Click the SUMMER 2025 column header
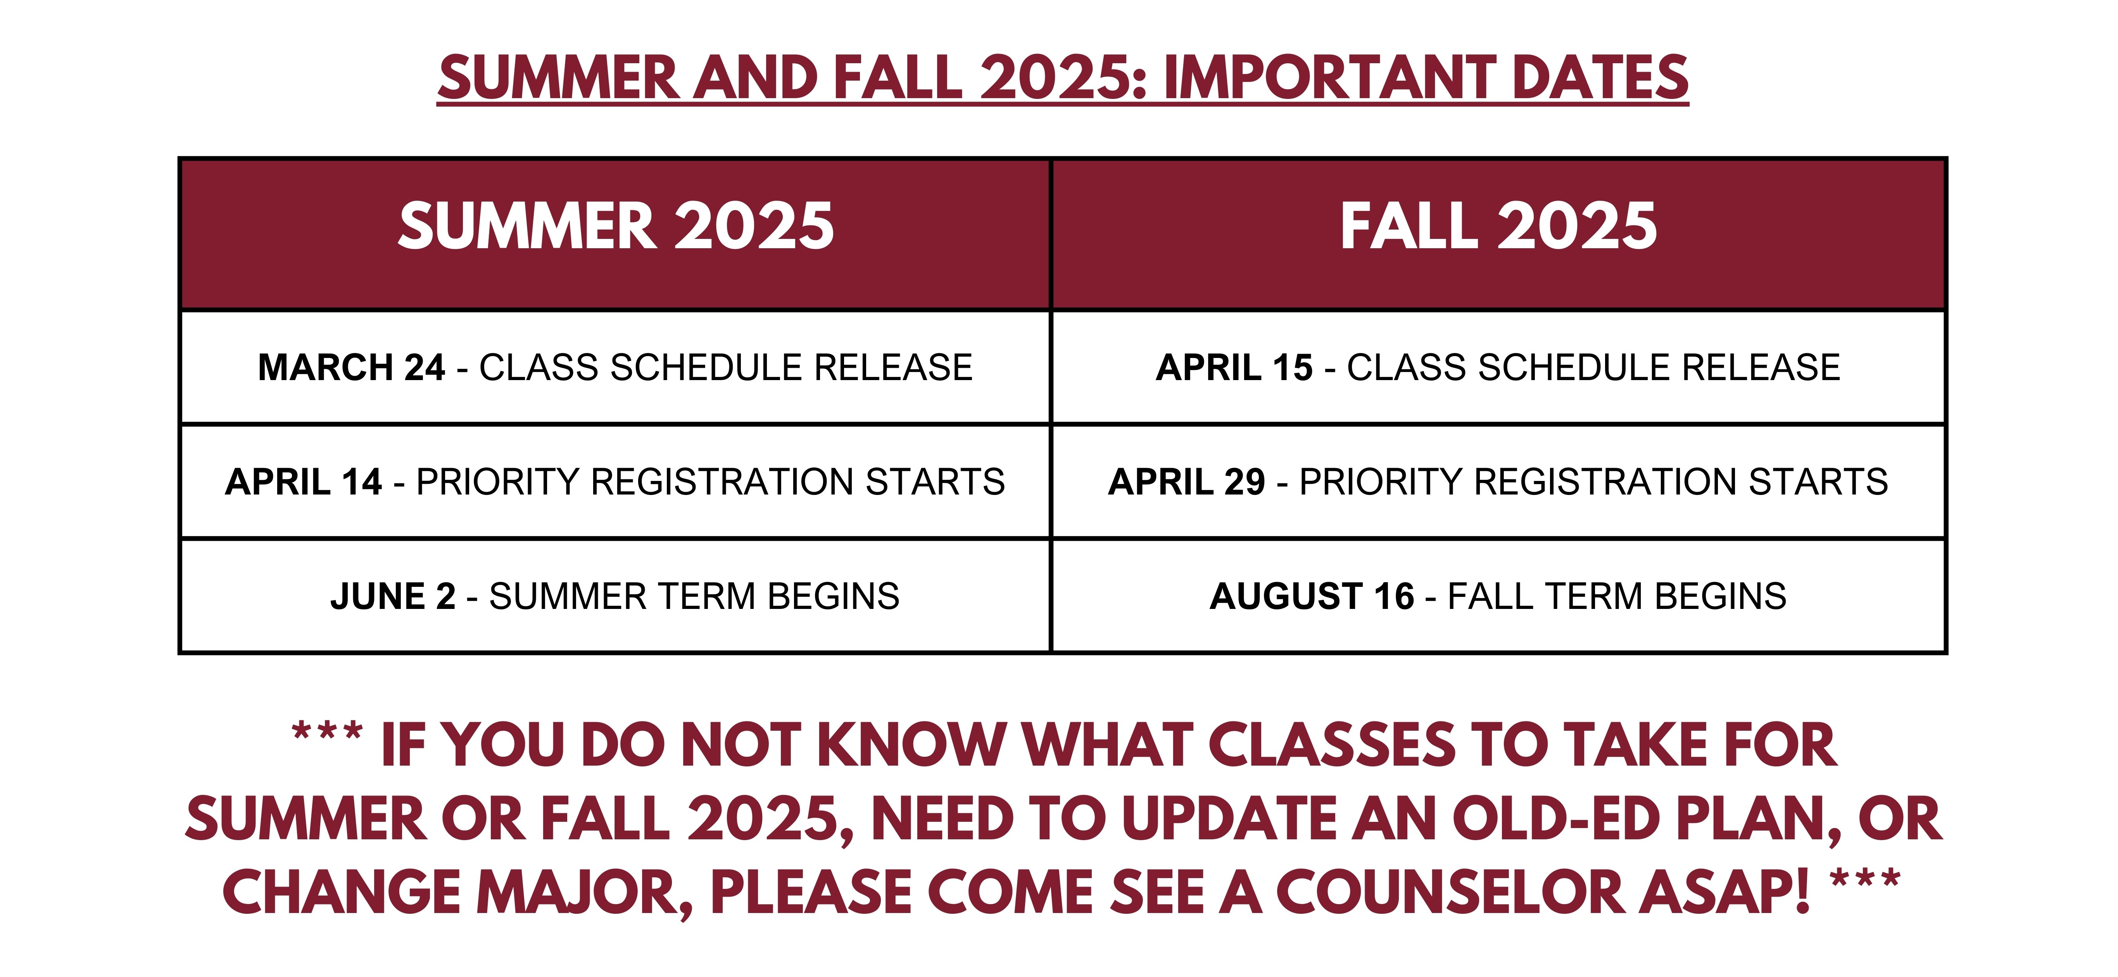click(x=616, y=226)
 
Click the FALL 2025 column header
click(x=1498, y=226)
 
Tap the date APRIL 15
click(x=1234, y=368)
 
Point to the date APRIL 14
click(x=304, y=482)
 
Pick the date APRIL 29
click(x=1186, y=482)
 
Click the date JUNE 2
click(x=393, y=596)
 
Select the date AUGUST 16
click(x=1312, y=596)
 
